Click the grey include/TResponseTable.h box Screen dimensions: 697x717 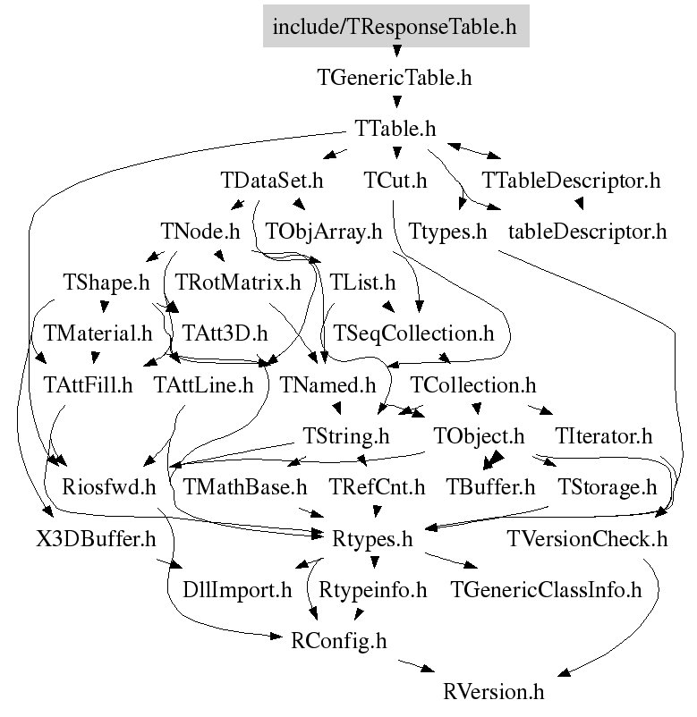tap(395, 26)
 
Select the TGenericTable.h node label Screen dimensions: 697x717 tap(395, 77)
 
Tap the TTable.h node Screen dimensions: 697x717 tap(395, 129)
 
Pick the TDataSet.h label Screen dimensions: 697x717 tap(272, 181)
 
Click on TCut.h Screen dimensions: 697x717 tap(395, 181)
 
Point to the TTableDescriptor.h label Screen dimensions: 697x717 tap(571, 181)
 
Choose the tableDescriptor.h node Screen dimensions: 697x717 tap(588, 232)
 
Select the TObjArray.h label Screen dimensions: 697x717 tap(324, 232)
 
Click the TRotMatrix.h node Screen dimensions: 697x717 tap(238, 283)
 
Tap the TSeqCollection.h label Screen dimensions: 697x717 tap(413, 333)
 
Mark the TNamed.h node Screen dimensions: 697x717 tap(327, 385)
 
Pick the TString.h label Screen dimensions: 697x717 tap(346, 436)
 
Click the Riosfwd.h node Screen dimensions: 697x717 tap(109, 487)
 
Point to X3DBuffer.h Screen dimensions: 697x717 tap(96, 539)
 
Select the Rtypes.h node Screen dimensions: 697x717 tap(372, 539)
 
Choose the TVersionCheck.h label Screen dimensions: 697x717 tap(587, 539)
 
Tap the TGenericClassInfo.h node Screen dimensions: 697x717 tap(546, 590)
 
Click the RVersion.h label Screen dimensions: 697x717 tap(494, 692)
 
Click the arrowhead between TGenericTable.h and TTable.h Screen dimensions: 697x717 tap(396, 102)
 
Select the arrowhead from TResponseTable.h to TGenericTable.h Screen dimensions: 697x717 tap(396, 51)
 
